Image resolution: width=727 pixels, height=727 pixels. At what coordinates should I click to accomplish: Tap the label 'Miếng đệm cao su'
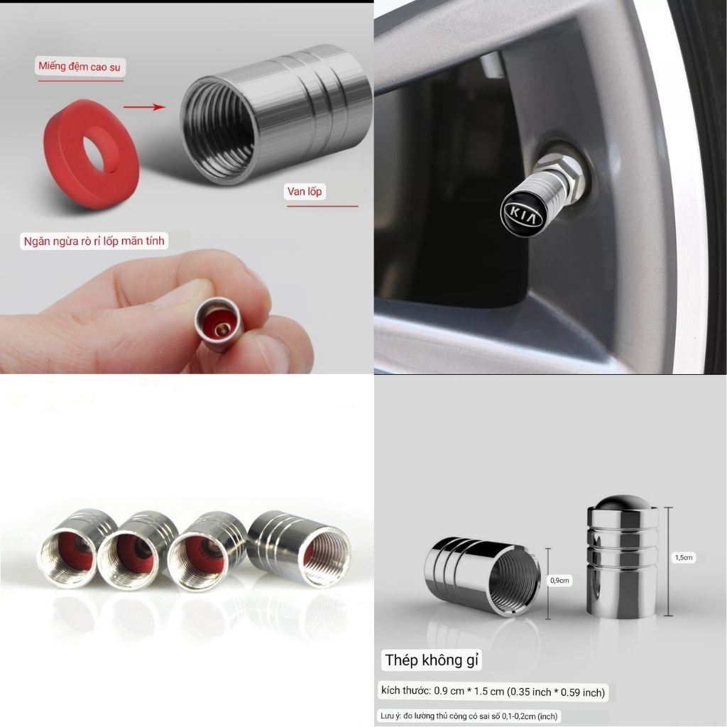tap(80, 66)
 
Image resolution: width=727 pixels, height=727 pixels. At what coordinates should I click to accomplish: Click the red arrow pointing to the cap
tap(144, 107)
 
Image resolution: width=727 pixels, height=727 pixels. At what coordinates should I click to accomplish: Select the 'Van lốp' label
tap(305, 192)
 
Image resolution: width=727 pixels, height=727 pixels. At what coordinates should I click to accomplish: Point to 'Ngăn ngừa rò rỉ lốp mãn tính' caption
tap(94, 241)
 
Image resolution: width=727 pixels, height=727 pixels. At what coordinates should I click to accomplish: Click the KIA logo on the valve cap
tap(521, 212)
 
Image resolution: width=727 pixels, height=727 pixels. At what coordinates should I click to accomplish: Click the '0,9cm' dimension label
tap(559, 580)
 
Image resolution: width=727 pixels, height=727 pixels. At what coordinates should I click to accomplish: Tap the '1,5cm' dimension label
tap(684, 557)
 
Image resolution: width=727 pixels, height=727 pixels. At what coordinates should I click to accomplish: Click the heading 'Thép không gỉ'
tap(432, 660)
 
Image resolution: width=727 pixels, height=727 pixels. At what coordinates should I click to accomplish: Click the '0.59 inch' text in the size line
tap(582, 692)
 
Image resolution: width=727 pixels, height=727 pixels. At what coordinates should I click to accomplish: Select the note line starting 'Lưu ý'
tap(469, 716)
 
